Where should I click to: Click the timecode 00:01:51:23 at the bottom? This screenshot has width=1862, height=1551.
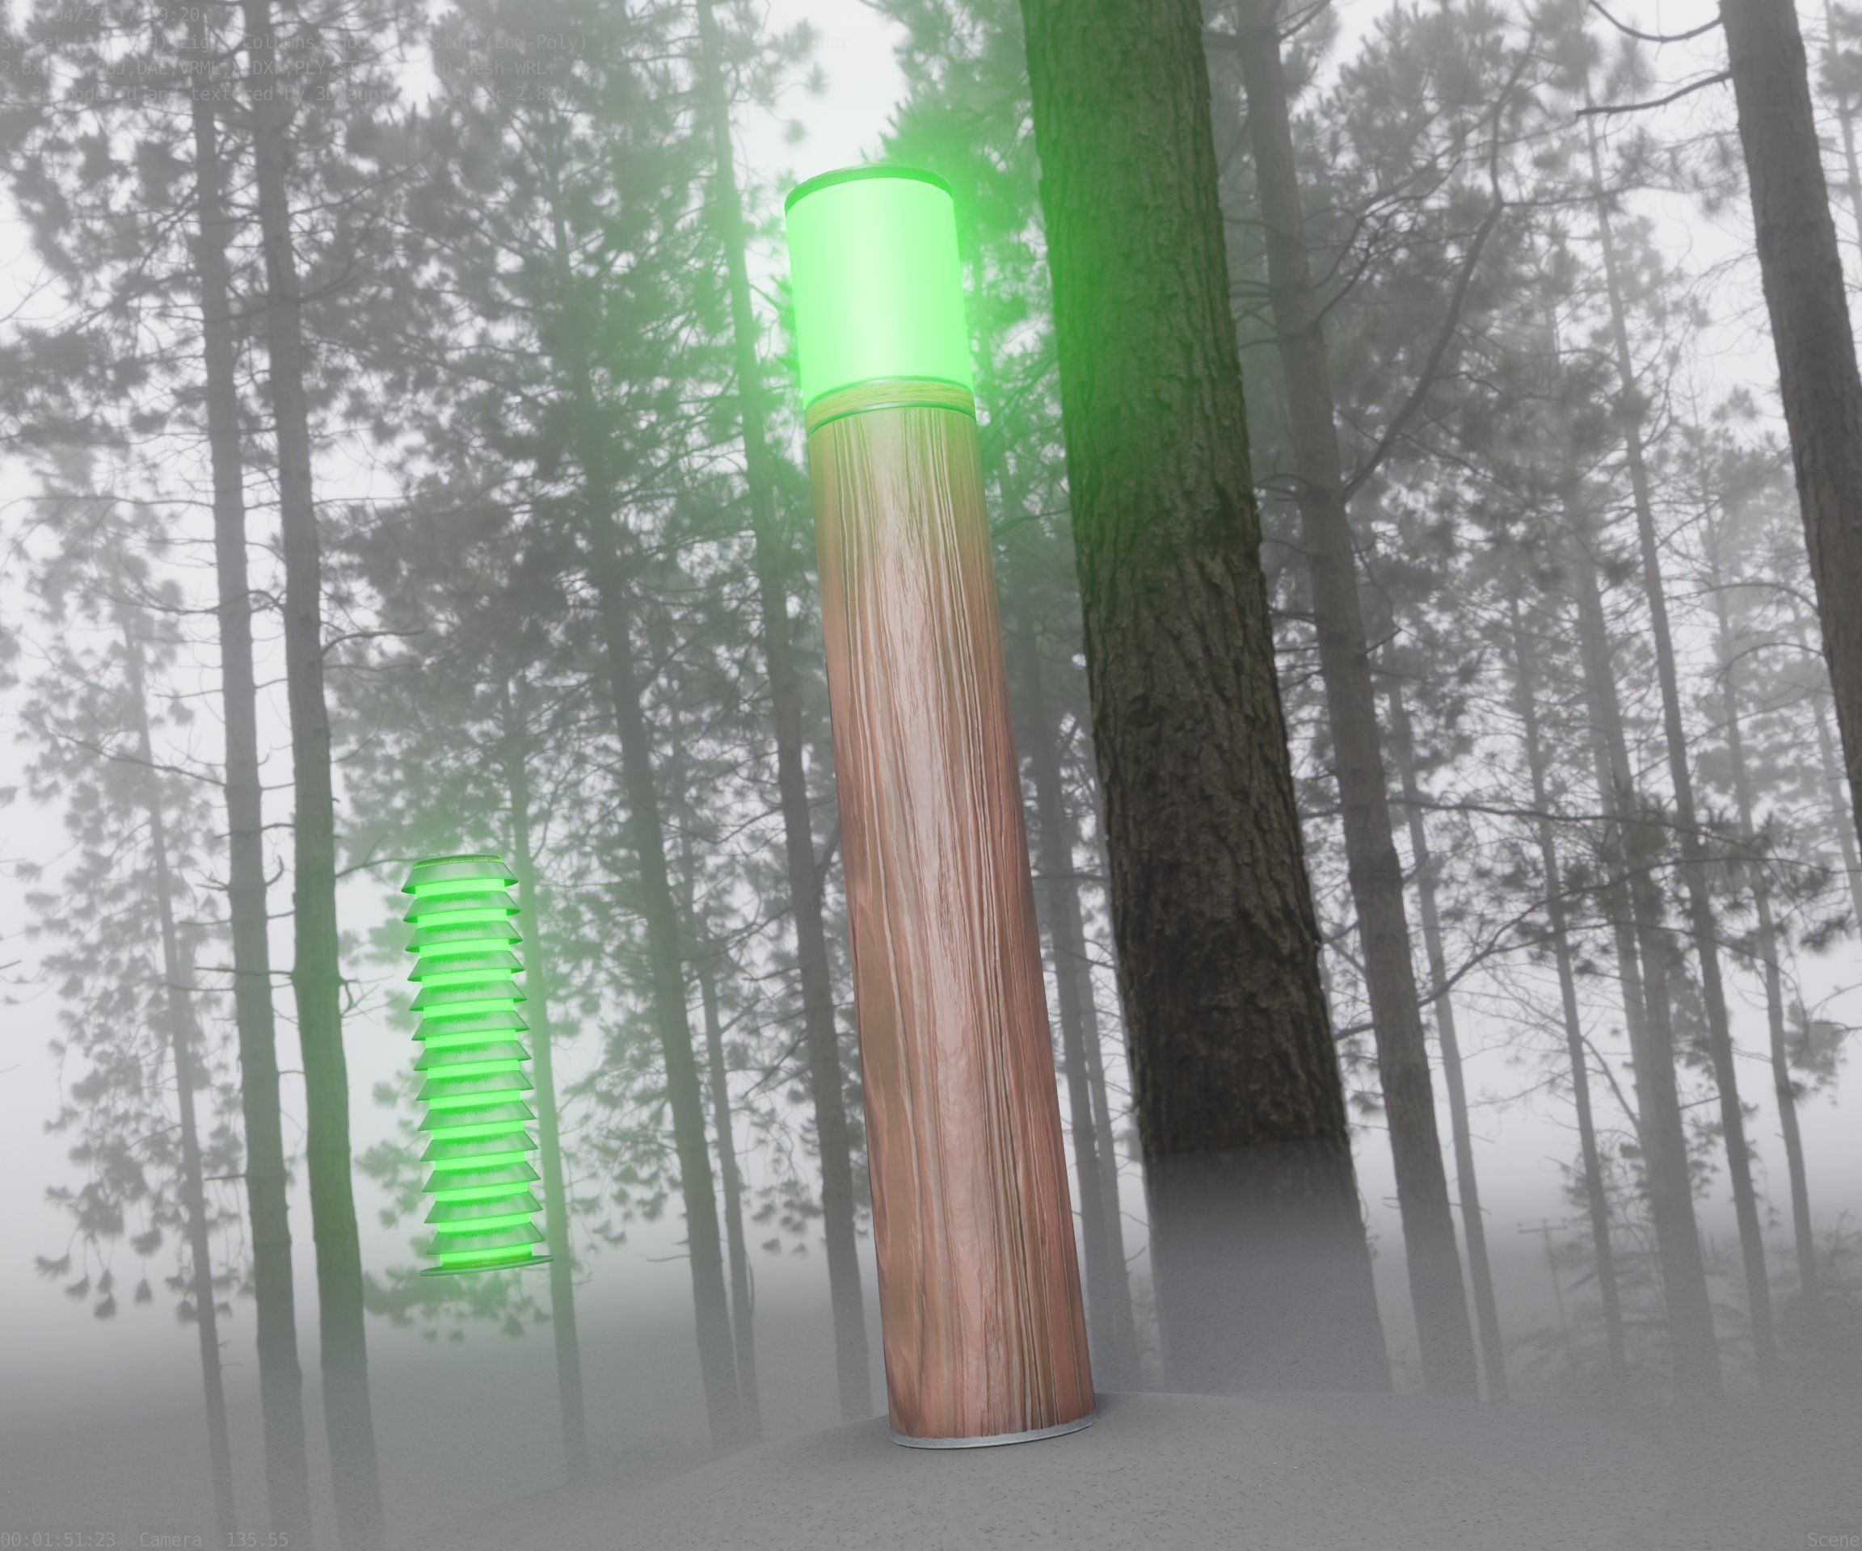(57, 1540)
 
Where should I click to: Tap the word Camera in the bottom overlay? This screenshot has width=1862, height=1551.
(171, 1540)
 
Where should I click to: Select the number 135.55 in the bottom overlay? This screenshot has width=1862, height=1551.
(256, 1540)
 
